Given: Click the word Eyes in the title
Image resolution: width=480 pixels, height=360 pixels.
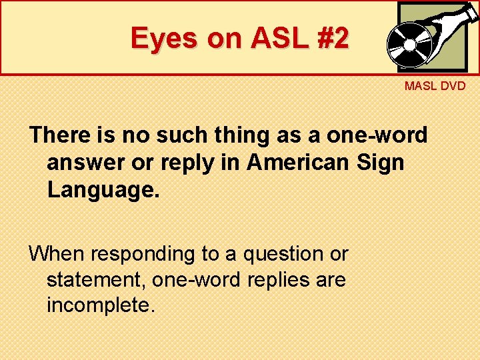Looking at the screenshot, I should point(165,38).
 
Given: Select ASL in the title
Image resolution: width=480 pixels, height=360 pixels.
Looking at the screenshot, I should point(274,38).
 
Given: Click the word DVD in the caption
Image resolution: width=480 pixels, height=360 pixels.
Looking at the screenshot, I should point(453,87).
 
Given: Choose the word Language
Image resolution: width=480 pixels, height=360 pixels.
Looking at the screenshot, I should point(103,189).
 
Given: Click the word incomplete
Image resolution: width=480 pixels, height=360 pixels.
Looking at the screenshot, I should point(100,305).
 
